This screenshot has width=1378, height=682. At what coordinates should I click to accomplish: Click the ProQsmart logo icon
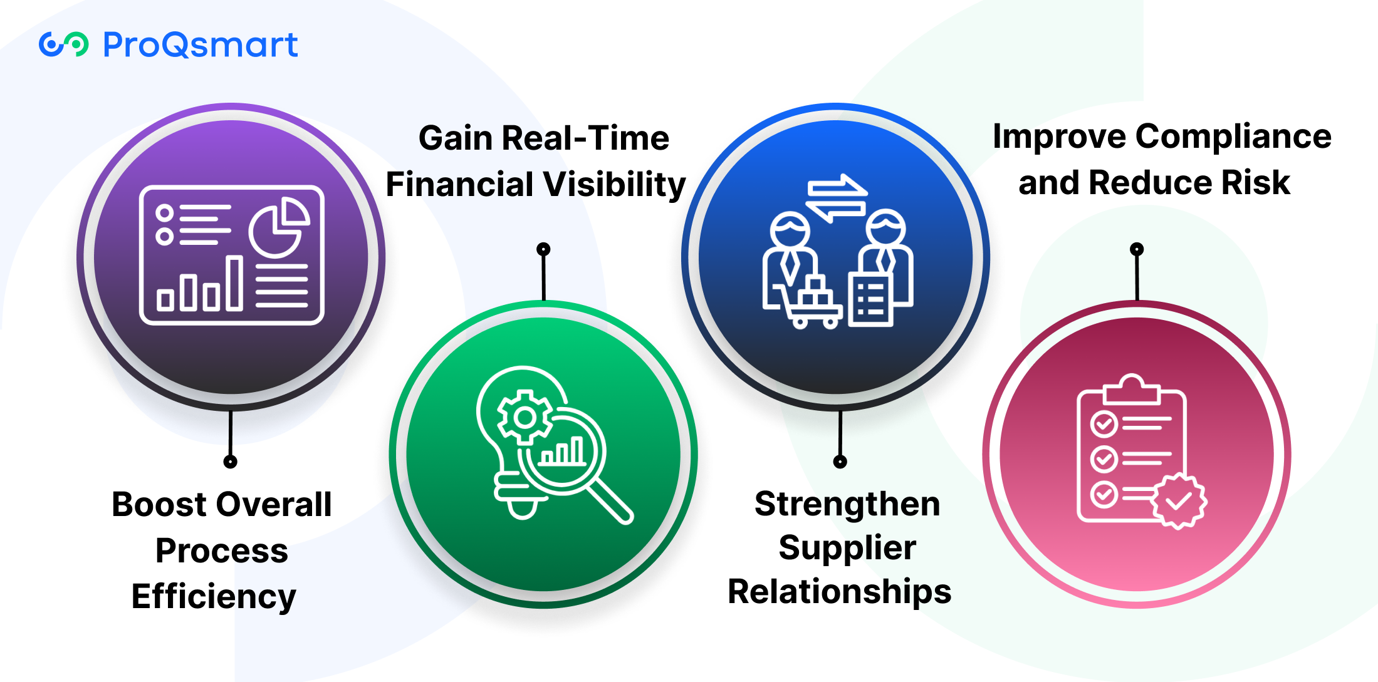(x=63, y=44)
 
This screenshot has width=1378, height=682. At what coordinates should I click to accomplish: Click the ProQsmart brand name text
(x=201, y=44)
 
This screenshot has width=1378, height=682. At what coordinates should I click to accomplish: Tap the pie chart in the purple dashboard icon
(x=279, y=227)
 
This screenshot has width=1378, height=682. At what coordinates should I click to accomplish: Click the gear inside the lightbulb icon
(x=525, y=417)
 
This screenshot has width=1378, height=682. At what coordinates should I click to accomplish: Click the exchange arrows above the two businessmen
(x=837, y=198)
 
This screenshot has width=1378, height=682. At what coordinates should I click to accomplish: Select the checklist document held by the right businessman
(x=870, y=299)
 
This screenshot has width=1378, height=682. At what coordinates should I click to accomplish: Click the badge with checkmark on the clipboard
(x=1179, y=500)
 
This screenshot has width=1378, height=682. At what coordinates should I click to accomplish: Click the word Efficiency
(x=214, y=597)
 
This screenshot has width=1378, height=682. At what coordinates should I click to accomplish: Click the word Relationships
(x=840, y=592)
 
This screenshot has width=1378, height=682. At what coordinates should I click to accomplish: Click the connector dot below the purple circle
(x=231, y=462)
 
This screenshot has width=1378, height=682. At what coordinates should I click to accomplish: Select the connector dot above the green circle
(x=543, y=249)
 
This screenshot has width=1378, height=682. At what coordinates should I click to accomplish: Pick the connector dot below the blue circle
(x=840, y=462)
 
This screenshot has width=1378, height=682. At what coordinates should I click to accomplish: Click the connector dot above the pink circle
(x=1137, y=249)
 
